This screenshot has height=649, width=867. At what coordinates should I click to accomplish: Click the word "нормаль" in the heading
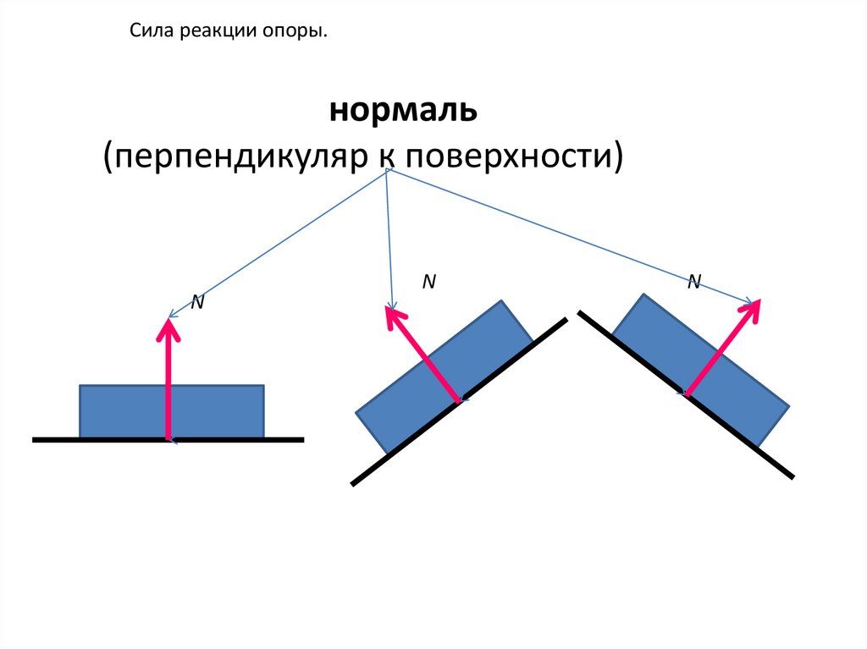tap(405, 110)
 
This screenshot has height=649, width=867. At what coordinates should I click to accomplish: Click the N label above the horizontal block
tap(196, 302)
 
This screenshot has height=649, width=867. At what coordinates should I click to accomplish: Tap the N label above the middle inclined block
tap(429, 283)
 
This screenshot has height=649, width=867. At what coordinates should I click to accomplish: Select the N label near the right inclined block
tap(693, 283)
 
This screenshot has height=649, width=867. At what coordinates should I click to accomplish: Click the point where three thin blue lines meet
tap(387, 169)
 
